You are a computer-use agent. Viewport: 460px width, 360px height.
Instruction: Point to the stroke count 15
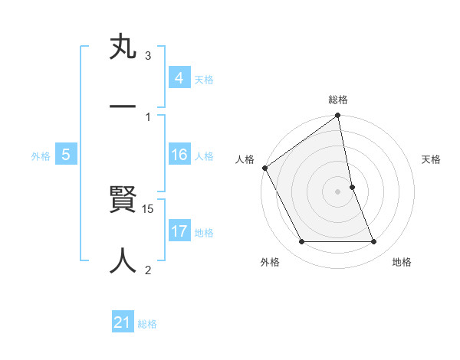pos(149,208)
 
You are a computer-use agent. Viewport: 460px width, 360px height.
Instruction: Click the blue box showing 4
pos(179,78)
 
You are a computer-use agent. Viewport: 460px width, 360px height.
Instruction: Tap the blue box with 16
pos(179,155)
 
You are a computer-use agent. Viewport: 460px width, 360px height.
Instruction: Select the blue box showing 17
pos(179,232)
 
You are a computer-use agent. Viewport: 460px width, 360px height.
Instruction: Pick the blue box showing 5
pos(66,155)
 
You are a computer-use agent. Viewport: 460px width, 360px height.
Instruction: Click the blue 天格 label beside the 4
pos(204,79)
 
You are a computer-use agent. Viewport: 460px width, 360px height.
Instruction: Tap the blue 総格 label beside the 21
pos(147,324)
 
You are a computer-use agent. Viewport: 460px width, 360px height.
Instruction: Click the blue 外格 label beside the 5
pos(41,156)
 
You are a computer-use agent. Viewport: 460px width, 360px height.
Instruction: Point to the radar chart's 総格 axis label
pos(338,100)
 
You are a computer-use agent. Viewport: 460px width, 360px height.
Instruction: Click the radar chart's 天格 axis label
pos(431,159)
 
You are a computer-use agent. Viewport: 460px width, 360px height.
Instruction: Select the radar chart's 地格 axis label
pos(402,263)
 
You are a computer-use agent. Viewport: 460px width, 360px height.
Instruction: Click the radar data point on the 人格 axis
pos(264,168)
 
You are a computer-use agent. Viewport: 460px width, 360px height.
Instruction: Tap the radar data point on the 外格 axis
pos(302,242)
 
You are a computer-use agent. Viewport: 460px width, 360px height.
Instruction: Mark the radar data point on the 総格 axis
pos(338,116)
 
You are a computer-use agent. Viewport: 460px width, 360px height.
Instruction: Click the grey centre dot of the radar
pos(338,191)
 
